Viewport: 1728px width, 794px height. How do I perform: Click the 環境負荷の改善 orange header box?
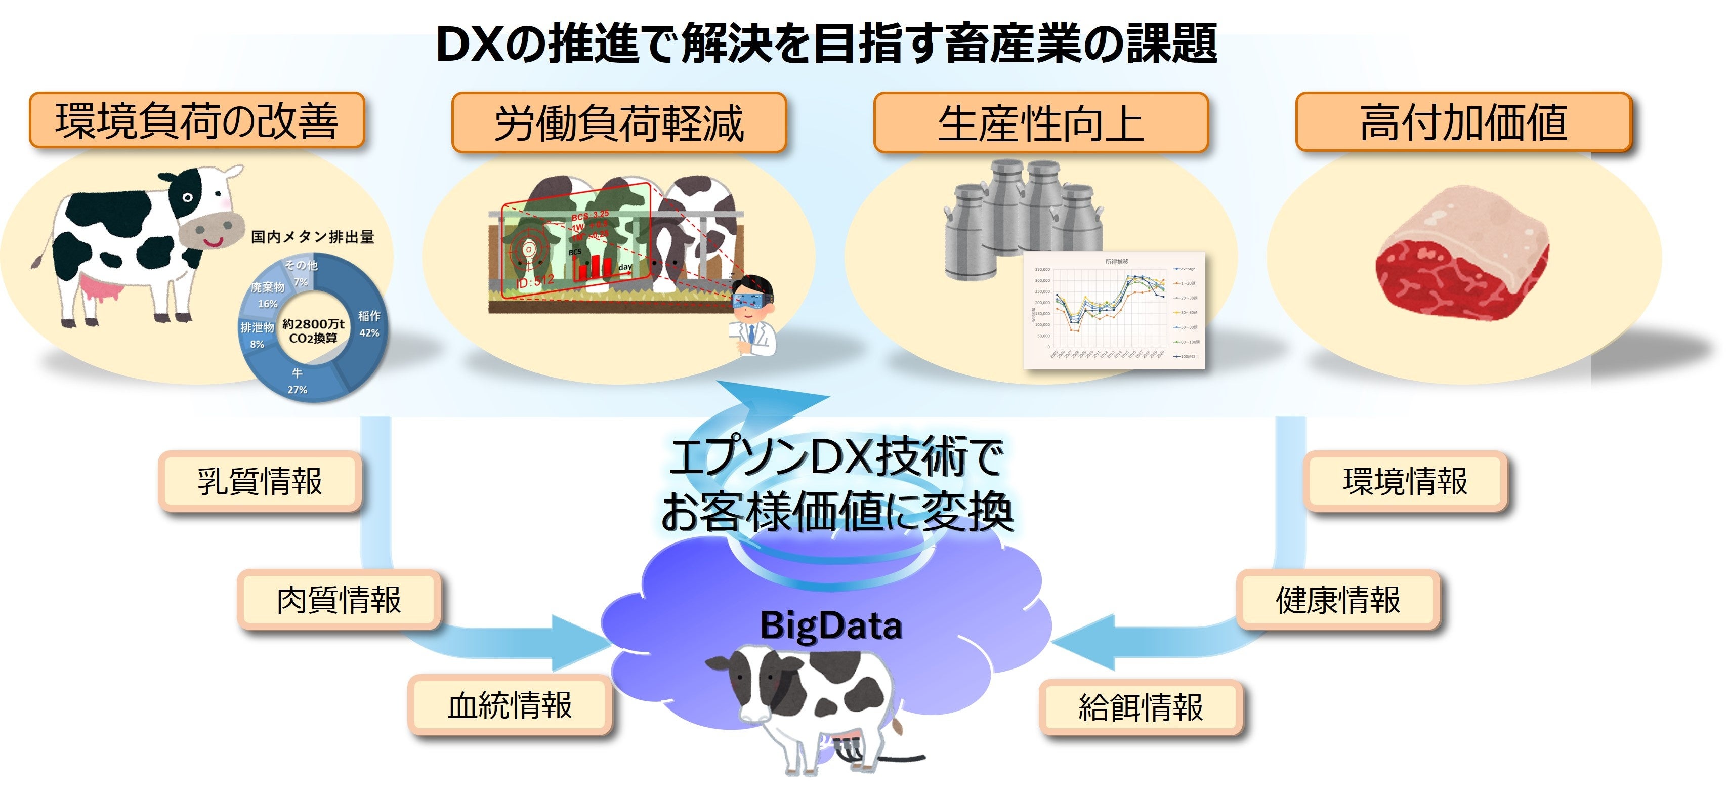pyautogui.click(x=196, y=121)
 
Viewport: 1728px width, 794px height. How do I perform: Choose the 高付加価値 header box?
pyautogui.click(x=1463, y=122)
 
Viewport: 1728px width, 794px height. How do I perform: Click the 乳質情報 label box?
pyautogui.click(x=260, y=481)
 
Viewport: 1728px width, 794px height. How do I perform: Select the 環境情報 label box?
pyautogui.click(x=1405, y=481)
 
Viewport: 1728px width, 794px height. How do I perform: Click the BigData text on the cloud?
pyautogui.click(x=831, y=625)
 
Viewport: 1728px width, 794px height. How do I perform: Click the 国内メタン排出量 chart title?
pyautogui.click(x=313, y=237)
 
